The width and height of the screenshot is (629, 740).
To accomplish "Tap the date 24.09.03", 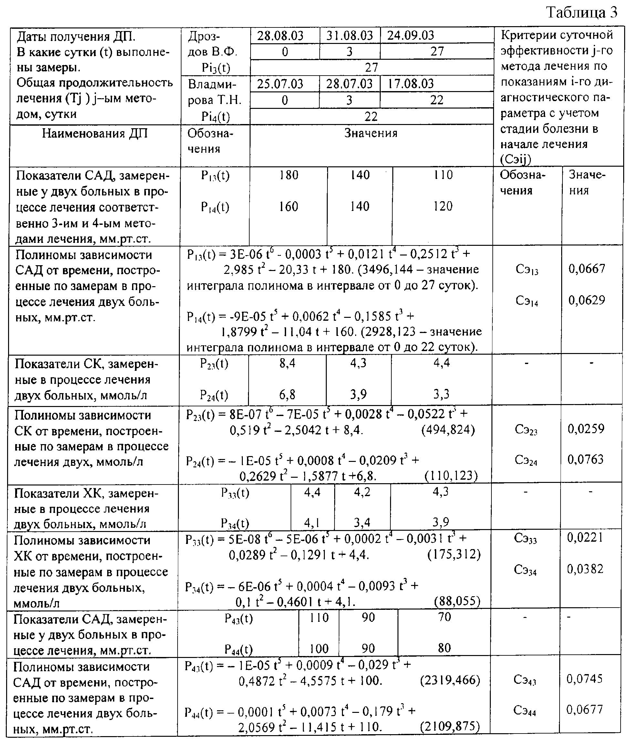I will (411, 35).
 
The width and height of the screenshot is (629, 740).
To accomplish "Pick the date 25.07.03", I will (280, 84).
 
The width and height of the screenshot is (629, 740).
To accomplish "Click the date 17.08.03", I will (411, 84).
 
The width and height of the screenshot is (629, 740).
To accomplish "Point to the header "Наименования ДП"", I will (95, 133).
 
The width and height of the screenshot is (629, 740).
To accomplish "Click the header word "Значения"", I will (371, 133).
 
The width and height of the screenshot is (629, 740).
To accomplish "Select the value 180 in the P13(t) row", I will (288, 175).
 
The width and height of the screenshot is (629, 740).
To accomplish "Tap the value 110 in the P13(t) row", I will (443, 175).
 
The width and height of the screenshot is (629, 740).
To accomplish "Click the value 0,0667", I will (587, 268).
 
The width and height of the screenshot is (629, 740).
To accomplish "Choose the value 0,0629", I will (587, 300).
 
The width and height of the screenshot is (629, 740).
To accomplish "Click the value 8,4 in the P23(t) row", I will (287, 363).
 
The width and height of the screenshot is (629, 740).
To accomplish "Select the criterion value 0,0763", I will (586, 459).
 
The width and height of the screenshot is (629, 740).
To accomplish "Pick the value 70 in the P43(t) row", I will (444, 617).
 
